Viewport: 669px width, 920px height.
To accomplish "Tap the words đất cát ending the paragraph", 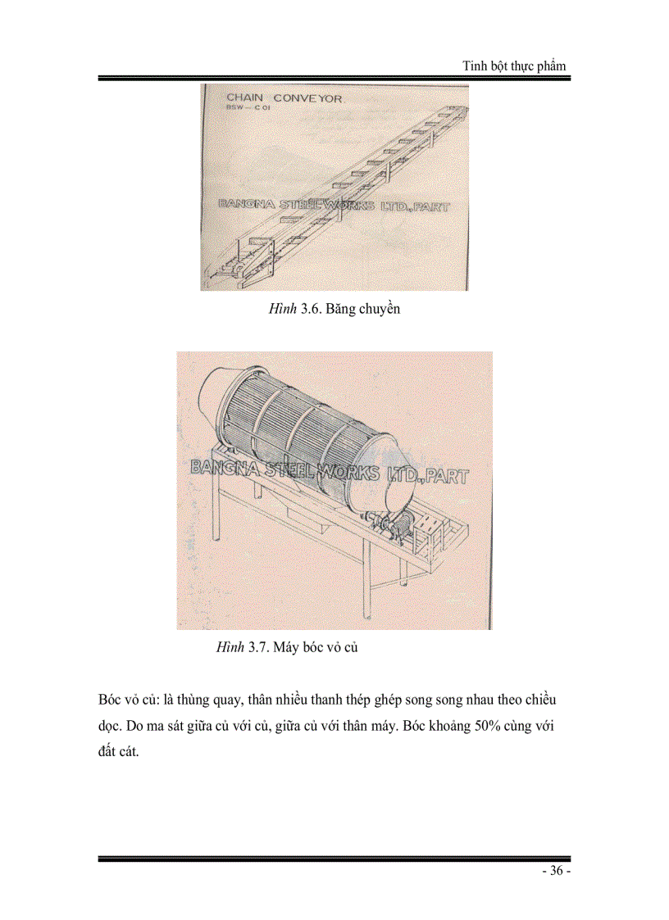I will point(119,753).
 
